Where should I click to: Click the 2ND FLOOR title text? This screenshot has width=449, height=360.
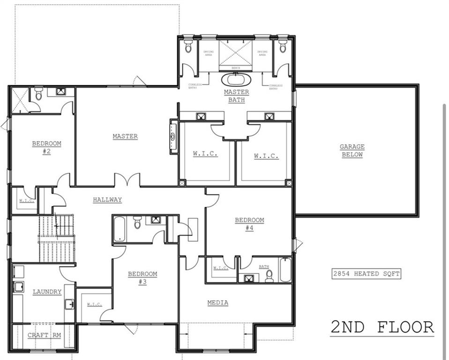click(382, 327)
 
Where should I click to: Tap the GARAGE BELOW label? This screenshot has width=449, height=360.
click(352, 150)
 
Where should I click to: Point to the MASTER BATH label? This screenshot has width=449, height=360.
click(236, 96)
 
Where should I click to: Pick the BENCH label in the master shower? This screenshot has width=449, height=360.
click(236, 68)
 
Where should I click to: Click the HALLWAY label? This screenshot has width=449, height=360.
click(107, 200)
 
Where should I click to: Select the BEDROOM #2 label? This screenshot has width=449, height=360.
click(46, 147)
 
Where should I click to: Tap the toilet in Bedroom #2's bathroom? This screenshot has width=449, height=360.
click(38, 94)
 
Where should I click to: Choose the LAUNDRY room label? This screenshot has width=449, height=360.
click(47, 292)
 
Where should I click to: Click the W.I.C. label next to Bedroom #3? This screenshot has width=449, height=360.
click(94, 305)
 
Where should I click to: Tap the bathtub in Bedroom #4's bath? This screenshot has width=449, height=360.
click(285, 270)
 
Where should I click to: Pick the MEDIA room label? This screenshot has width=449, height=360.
click(218, 303)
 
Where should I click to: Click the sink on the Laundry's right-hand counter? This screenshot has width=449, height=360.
click(69, 304)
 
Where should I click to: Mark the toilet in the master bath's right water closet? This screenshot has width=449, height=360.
click(283, 46)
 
